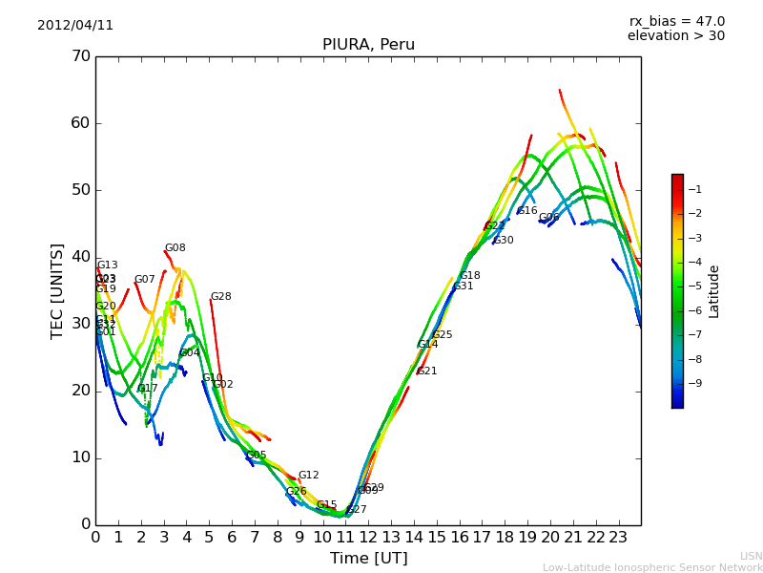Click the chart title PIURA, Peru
point(368,45)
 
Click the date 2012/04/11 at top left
point(75,26)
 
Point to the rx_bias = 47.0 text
point(676,22)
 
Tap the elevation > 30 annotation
point(675,36)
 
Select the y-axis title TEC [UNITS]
point(57,290)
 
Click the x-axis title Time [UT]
point(368,559)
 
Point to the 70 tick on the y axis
point(80,56)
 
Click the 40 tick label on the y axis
point(80,257)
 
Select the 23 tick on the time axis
point(618,537)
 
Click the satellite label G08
point(175,248)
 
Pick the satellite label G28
point(220,297)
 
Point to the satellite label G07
point(144,280)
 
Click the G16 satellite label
point(526,211)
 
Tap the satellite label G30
point(503,241)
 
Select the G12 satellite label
point(308,476)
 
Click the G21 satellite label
point(426,371)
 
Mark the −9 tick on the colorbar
point(696,384)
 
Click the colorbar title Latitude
point(714,291)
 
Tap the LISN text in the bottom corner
point(751,556)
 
